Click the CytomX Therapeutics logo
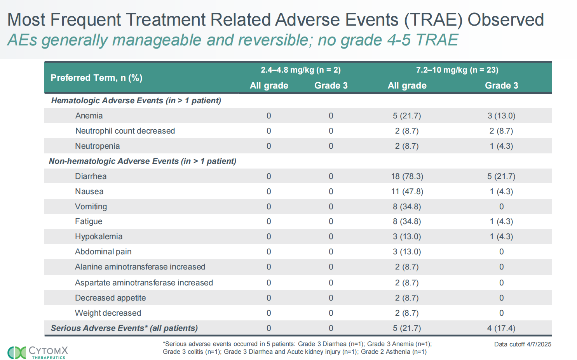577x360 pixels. (38, 352)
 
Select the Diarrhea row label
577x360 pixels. (91, 176)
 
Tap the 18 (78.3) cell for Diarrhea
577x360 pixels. (407, 176)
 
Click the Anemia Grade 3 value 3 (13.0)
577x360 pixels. (501, 116)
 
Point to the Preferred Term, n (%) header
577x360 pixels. (96, 78)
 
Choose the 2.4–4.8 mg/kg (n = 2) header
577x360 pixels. (300, 70)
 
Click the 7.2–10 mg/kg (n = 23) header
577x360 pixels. (457, 70)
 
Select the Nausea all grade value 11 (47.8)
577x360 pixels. (407, 191)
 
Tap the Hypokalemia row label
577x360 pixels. (99, 237)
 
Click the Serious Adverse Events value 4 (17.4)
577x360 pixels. (501, 328)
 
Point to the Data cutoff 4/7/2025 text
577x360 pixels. (522, 344)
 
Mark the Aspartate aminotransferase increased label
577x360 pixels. (144, 283)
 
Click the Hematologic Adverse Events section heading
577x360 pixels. (136, 101)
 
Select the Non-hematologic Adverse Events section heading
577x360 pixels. (142, 161)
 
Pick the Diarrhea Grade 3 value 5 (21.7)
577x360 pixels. (501, 176)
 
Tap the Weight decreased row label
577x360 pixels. (108, 313)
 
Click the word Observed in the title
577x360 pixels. (506, 20)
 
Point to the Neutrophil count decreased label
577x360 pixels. (125, 131)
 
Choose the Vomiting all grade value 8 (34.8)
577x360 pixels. (407, 207)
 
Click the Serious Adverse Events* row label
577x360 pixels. (124, 328)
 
